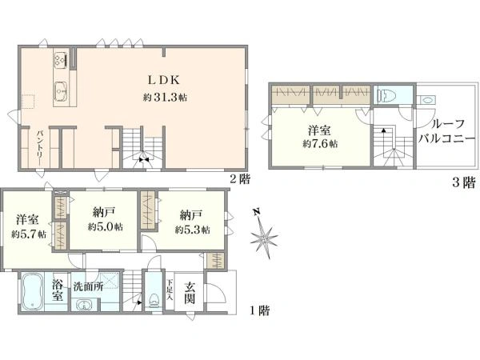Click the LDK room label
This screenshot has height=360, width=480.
pyautogui.click(x=163, y=80)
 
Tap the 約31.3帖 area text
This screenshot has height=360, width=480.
pyautogui.click(x=165, y=98)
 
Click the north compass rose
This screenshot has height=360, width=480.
pyautogui.click(x=264, y=235)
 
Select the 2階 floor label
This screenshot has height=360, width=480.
pyautogui.click(x=240, y=178)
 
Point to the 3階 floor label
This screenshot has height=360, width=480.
pyautogui.click(x=464, y=182)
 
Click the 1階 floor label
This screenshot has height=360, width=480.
pyautogui.click(x=260, y=311)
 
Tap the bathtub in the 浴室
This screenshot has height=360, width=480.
pyautogui.click(x=31, y=291)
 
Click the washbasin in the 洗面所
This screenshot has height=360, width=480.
pyautogui.click(x=82, y=306)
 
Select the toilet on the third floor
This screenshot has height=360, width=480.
pyautogui.click(x=386, y=96)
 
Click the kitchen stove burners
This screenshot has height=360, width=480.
pyautogui.click(x=60, y=59)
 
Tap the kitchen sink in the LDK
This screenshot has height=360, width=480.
pyautogui.click(x=62, y=91)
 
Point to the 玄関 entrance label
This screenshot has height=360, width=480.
pyautogui.click(x=190, y=292)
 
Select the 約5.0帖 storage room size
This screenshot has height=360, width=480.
pyautogui.click(x=106, y=227)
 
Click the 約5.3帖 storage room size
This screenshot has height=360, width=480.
pyautogui.click(x=193, y=230)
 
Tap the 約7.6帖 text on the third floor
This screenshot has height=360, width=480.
pyautogui.click(x=320, y=143)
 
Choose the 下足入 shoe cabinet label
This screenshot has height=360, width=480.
pyautogui.click(x=170, y=289)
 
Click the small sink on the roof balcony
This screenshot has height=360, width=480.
pyautogui.click(x=427, y=100)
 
